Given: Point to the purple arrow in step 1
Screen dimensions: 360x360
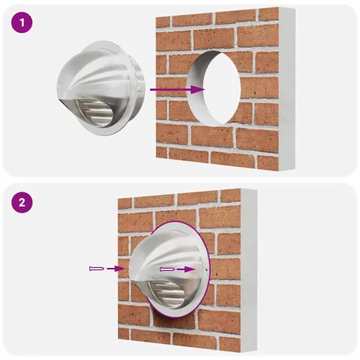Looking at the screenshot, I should click(176, 89).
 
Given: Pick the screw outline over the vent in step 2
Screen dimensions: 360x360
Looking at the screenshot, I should click(167, 269).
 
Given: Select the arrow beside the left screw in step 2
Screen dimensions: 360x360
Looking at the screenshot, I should click(115, 269).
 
